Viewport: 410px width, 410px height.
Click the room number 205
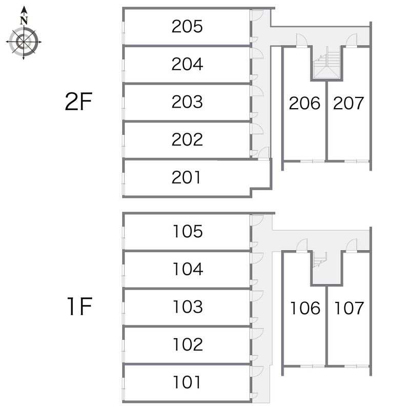tap(187, 27)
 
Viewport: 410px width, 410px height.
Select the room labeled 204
tap(187, 64)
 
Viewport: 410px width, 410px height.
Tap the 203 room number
tap(187, 101)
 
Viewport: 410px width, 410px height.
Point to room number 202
tap(187, 139)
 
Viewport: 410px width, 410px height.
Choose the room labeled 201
tap(186, 177)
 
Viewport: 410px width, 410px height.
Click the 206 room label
tap(304, 103)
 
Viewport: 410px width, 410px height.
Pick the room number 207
tap(348, 103)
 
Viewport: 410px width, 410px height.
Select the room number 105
tap(188, 232)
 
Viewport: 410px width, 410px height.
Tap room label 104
tap(188, 269)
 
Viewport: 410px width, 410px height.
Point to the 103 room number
tap(188, 306)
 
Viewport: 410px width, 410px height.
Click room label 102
tap(188, 344)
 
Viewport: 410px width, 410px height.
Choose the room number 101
tap(187, 382)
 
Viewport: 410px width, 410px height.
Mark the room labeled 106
tap(305, 308)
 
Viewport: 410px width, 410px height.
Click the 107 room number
tap(349, 308)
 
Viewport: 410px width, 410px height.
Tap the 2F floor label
tap(78, 101)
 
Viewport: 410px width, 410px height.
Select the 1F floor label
tap(79, 306)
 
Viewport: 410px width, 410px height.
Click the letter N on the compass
tap(24, 20)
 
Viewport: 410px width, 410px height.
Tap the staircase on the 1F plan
tap(320, 260)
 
